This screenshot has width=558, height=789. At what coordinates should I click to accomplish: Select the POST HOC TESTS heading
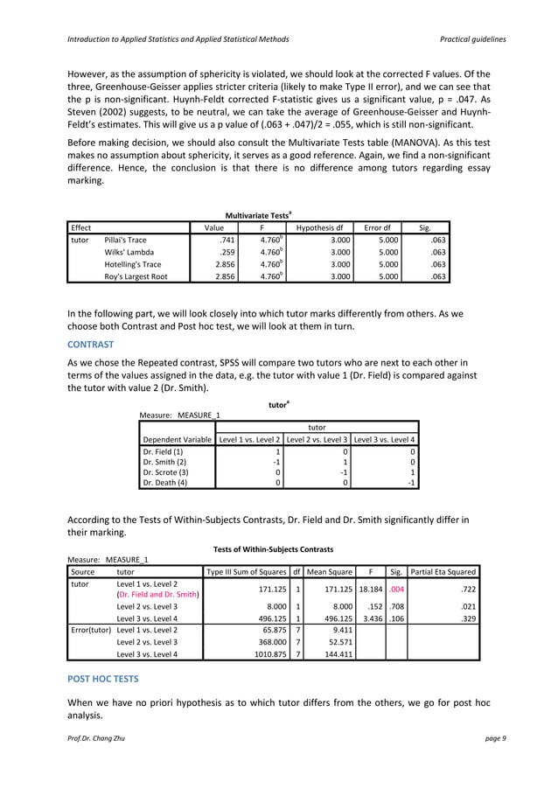tap(103, 678)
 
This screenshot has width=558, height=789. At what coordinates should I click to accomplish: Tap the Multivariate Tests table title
tap(259, 213)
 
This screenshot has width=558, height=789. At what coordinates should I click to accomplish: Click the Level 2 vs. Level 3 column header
tap(318, 439)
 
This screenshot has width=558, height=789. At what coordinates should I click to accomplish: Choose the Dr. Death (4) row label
tap(164, 480)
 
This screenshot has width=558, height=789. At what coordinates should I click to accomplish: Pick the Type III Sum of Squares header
tap(245, 572)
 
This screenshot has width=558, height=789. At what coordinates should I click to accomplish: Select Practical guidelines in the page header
tap(473, 40)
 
